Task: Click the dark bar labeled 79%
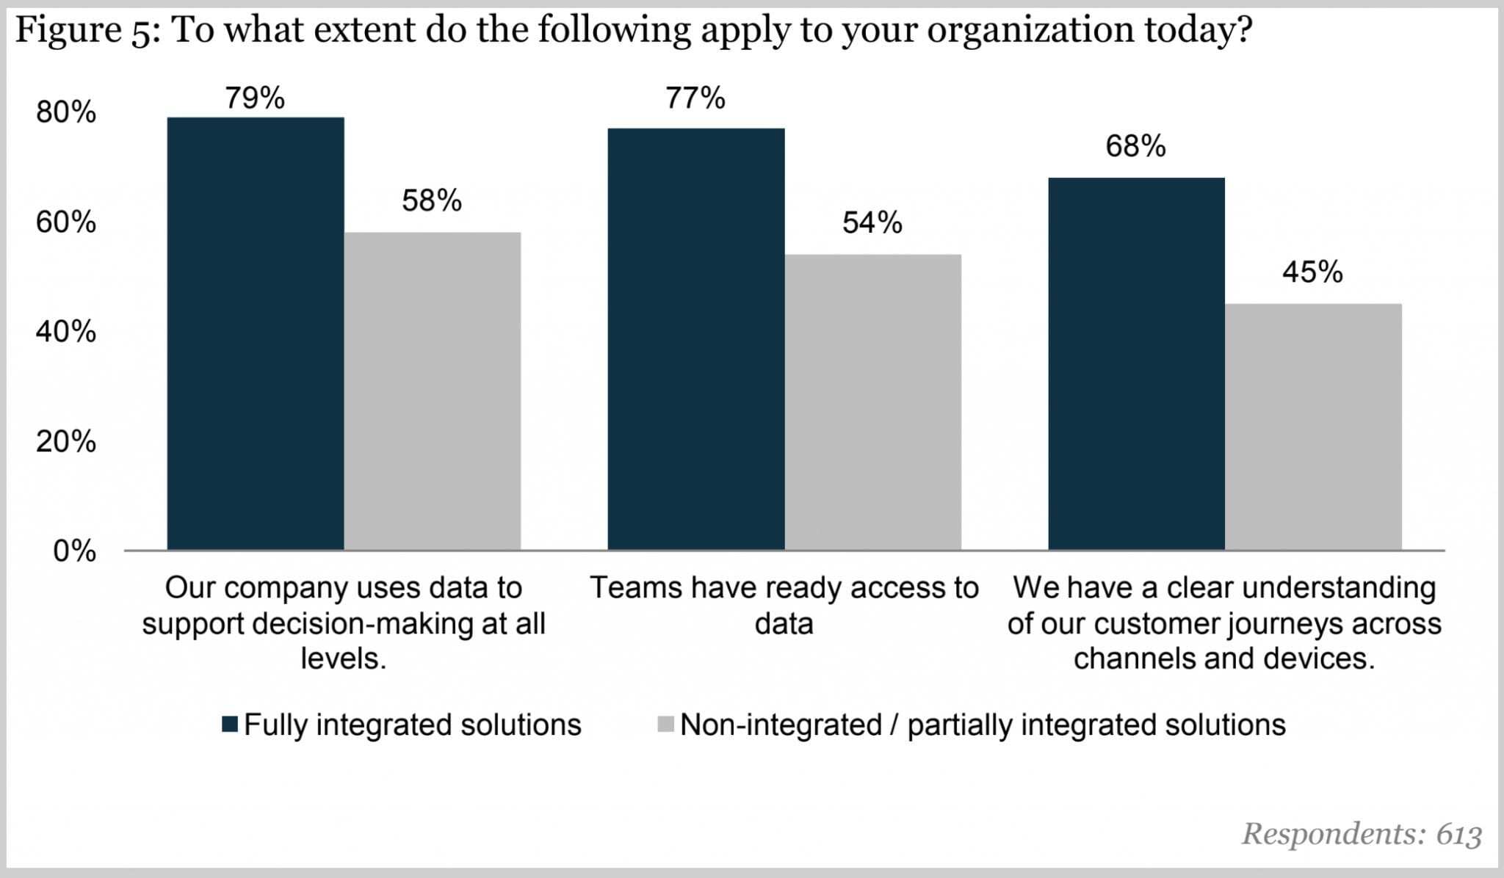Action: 256,334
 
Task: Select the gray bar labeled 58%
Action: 433,391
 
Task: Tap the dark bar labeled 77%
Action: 696,339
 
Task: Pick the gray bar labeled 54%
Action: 873,402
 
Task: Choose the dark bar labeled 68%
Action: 1136,364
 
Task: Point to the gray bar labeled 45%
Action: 1313,427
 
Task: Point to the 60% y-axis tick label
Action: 66,222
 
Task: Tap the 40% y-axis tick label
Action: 66,332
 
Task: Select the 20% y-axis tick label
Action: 66,441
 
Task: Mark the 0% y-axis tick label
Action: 74,551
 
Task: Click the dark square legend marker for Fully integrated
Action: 230,725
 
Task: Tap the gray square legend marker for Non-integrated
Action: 666,725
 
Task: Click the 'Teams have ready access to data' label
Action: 784,606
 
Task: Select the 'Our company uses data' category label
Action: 344,623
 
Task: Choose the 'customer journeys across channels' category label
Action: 1224,623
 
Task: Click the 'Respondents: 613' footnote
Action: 1362,834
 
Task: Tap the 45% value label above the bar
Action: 1312,272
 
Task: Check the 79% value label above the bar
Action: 255,98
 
